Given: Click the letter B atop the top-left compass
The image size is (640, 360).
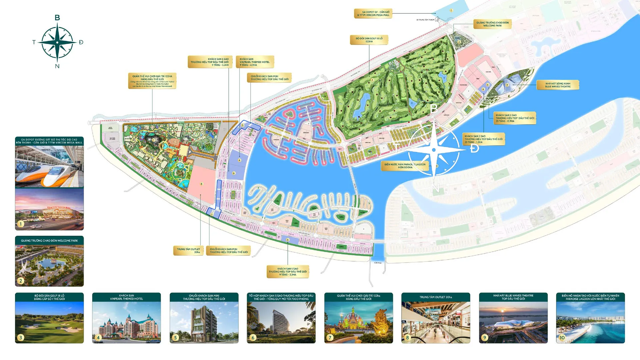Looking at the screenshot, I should click(57, 18).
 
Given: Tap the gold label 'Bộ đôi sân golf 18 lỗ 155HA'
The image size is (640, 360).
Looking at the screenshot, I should click(369, 40).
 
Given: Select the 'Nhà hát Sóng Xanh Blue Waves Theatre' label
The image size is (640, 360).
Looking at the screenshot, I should click(558, 85).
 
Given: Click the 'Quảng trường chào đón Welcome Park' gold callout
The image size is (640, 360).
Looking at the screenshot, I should click(492, 24).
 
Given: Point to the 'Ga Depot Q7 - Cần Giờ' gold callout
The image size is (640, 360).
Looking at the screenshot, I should click(373, 14).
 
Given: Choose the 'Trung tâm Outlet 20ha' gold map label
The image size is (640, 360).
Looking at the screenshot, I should click(188, 251).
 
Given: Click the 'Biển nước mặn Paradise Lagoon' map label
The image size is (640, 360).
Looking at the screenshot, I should click(405, 166).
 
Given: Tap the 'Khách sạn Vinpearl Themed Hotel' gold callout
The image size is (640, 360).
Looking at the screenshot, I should click(255, 62).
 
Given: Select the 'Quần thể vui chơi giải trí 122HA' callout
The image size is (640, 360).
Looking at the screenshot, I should click(152, 81).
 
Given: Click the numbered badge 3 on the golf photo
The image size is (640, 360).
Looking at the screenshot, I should click(21, 338).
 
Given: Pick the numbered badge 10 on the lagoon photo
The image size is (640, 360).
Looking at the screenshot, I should click(562, 338).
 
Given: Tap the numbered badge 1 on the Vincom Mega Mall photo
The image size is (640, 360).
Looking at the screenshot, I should click(21, 224).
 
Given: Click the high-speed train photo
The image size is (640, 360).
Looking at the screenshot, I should click(49, 167).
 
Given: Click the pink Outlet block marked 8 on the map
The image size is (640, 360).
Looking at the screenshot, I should click(201, 185).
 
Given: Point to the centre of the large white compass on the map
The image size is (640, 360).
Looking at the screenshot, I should click(434, 150).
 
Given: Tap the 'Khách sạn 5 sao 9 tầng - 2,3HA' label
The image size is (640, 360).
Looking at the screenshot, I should click(288, 272).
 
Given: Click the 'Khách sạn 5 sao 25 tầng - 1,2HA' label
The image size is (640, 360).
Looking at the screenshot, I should click(483, 139).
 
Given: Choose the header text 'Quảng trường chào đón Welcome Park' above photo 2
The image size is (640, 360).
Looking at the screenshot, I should click(49, 241).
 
